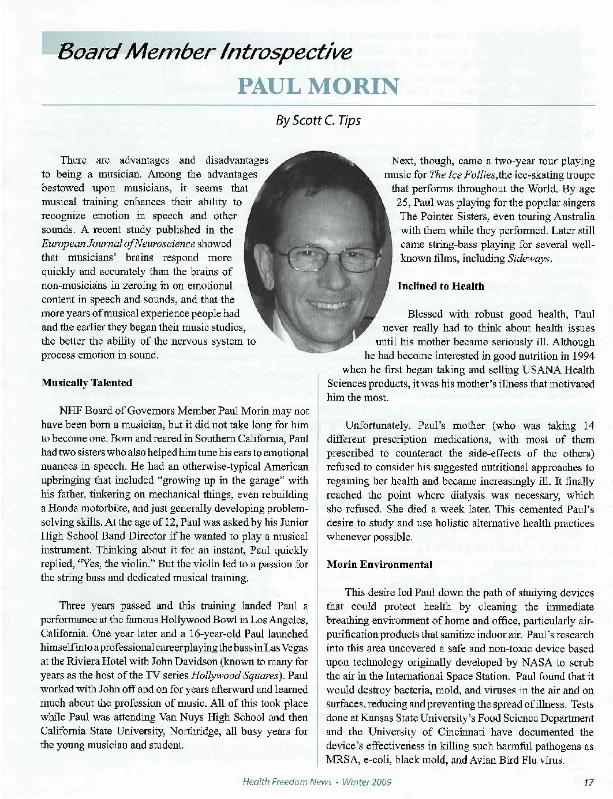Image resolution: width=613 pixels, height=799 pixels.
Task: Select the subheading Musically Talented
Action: [87, 383]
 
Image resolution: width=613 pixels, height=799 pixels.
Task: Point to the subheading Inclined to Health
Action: [441, 287]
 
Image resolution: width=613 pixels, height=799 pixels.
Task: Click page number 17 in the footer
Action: [589, 782]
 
